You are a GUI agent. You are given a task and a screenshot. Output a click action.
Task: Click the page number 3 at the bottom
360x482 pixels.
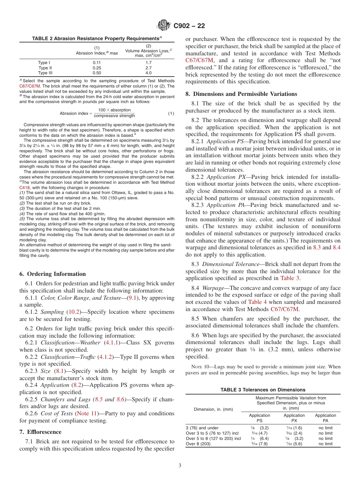tap(180, 466)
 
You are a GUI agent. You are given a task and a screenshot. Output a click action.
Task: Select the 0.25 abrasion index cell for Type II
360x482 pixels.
tap(97, 67)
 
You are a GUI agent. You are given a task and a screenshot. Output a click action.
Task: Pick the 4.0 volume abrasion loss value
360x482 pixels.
tap(149, 73)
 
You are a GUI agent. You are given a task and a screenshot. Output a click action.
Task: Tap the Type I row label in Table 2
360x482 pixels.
tap(44, 62)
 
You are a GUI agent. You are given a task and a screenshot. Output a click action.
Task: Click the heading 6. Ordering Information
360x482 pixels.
tap(52, 274)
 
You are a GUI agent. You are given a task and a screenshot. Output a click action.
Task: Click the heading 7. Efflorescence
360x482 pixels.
tap(40, 432)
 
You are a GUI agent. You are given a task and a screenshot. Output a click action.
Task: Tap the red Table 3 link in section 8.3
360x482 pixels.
tap(290, 279)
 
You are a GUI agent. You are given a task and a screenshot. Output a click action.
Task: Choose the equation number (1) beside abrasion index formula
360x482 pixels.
tap(171, 113)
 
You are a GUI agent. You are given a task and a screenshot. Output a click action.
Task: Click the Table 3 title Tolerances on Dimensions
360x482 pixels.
tap(263, 390)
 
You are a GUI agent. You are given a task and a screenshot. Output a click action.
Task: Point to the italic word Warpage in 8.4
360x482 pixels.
tap(213, 288)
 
